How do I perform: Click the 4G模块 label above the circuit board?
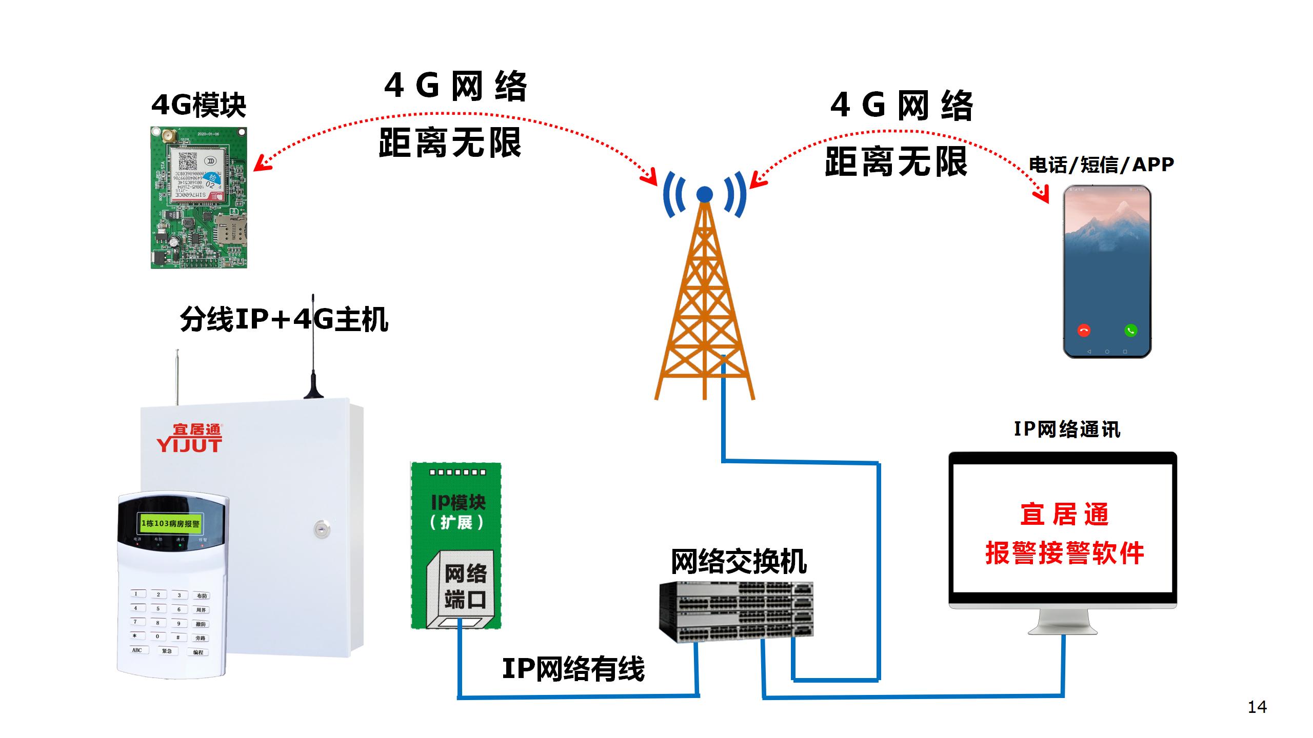199,106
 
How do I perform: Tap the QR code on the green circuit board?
188,161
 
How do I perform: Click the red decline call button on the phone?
1084,331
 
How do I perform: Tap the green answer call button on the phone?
1130,331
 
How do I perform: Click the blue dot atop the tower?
705,195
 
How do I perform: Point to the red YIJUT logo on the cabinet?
189,439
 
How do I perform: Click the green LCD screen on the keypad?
171,523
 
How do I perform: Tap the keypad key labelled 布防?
201,596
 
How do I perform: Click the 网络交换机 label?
739,562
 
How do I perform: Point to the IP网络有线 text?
573,669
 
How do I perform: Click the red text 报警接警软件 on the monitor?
1065,553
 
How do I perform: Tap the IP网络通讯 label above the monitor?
1067,429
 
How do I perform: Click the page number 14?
1257,707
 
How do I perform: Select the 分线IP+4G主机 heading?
284,319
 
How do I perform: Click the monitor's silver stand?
1063,622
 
